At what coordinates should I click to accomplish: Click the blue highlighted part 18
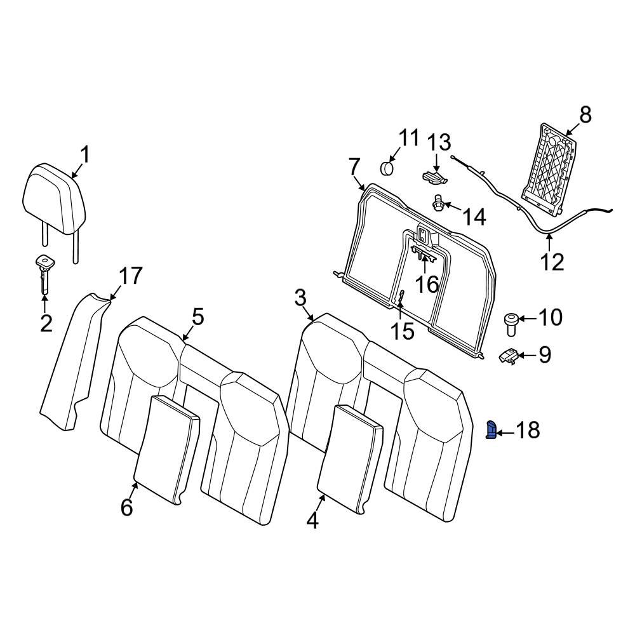(x=491, y=430)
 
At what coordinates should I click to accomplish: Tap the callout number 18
(x=526, y=431)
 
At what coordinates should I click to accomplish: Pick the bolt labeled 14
(x=438, y=204)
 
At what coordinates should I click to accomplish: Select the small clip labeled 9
(x=509, y=357)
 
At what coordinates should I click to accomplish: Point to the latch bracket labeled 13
(x=432, y=176)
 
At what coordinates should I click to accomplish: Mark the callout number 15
(x=401, y=330)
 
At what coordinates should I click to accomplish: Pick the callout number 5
(x=198, y=316)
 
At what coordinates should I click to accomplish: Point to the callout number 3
(x=300, y=297)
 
